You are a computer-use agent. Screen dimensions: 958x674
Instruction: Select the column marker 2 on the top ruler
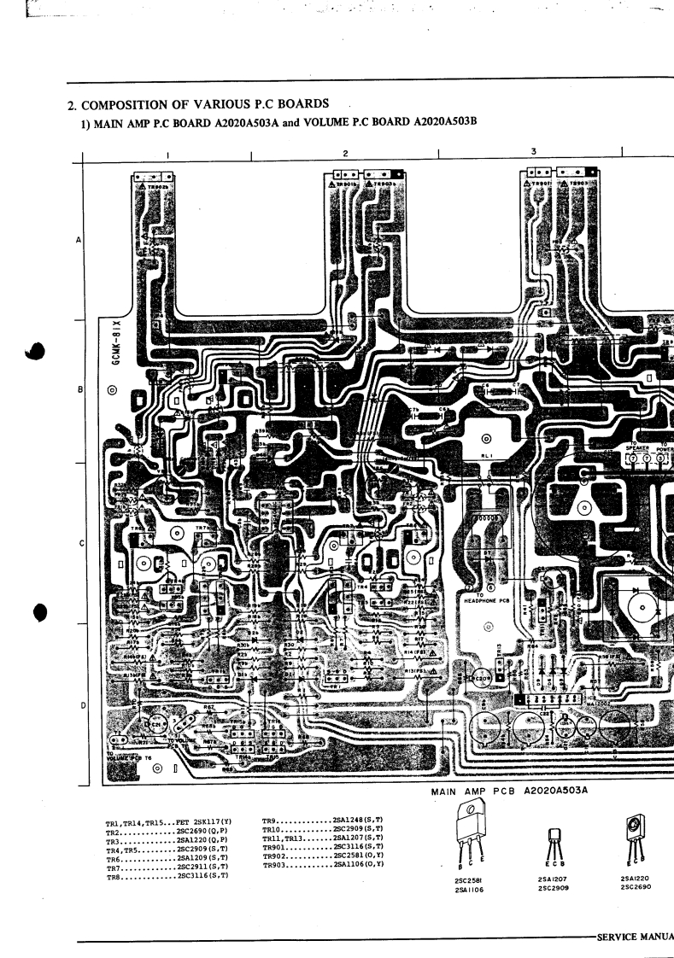[344, 153]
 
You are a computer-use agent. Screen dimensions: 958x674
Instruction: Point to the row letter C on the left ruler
[80, 544]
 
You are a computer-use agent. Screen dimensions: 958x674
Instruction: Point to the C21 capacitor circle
[157, 725]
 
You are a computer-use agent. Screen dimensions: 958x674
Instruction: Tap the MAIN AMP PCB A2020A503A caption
[510, 792]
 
